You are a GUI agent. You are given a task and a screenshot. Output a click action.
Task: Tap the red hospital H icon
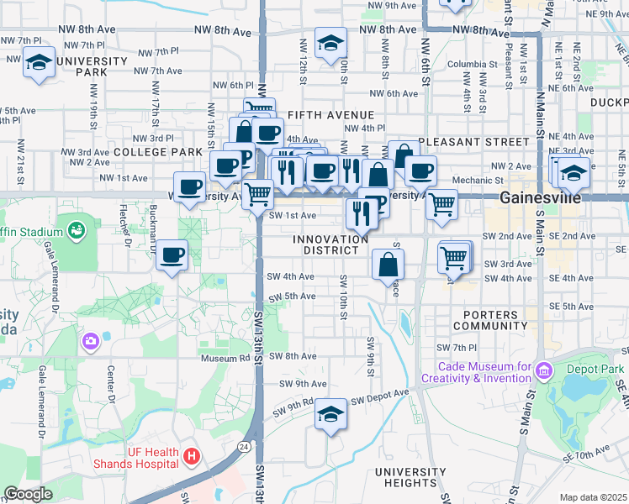192,457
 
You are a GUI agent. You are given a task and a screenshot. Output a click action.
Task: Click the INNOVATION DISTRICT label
330,244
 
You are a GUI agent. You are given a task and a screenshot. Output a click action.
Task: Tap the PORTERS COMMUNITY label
489,319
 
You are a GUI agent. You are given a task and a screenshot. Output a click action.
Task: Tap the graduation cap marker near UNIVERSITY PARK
39,62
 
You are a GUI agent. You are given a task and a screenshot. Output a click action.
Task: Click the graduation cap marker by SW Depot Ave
331,414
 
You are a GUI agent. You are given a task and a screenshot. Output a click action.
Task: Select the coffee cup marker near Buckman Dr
172,254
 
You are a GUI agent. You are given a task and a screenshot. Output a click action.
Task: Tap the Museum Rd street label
223,358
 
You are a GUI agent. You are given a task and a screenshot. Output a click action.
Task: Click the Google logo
29,494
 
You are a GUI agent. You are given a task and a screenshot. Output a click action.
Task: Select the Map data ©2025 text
593,497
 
